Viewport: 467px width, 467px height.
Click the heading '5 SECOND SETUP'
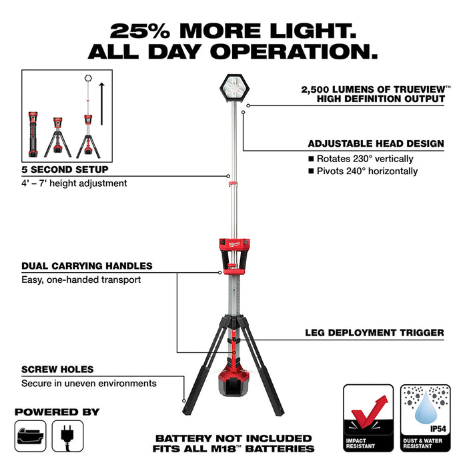(x=65, y=169)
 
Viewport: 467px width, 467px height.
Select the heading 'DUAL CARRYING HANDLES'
(x=87, y=266)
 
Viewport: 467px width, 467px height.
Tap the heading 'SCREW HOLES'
(x=57, y=370)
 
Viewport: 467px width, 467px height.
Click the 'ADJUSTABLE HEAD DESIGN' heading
(x=376, y=143)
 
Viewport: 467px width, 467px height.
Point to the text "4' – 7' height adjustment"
(x=74, y=183)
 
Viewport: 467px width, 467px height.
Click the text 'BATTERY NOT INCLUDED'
(x=233, y=438)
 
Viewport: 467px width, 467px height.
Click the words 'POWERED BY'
(x=57, y=412)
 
